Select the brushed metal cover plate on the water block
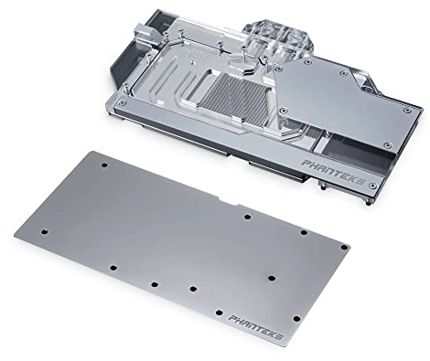(x=348, y=101)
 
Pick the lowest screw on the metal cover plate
(x=387, y=144)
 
